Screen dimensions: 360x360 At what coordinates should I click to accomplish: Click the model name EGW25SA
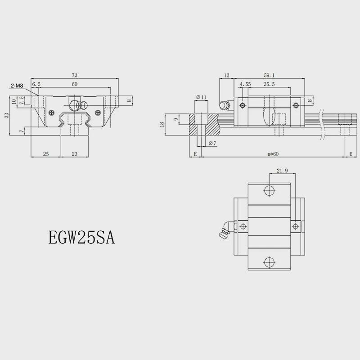[x=81, y=238]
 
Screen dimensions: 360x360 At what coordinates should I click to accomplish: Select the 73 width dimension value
[x=75, y=75]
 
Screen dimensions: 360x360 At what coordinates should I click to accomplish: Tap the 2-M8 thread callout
[x=17, y=86]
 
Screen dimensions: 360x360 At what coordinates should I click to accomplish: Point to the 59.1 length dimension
[x=269, y=75]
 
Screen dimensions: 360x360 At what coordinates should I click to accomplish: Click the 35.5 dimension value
[x=269, y=84]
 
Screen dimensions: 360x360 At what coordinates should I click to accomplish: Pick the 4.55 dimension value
[x=245, y=84]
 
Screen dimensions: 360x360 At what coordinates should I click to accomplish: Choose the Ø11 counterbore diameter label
[x=201, y=97]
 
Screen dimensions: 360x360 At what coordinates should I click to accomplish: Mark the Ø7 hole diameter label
[x=212, y=143]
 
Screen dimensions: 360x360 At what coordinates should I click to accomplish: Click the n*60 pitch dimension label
[x=273, y=154]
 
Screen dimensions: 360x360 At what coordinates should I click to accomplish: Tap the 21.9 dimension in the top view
[x=282, y=171]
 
